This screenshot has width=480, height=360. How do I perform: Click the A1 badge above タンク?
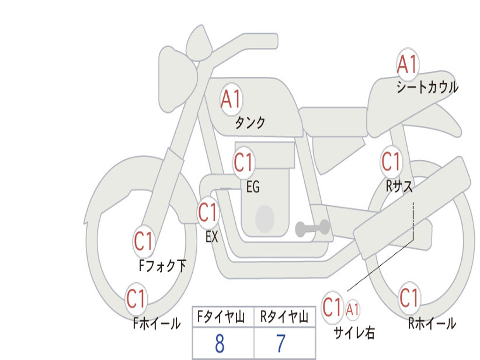coord(232,99)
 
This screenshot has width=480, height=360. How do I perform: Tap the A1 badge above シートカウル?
coord(407,64)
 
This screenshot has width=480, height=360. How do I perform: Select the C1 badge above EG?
coord(244,162)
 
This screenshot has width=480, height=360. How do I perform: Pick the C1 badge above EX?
coord(208,213)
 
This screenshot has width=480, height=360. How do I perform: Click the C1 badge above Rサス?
coord(391,161)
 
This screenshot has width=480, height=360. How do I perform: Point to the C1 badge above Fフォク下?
coord(143,241)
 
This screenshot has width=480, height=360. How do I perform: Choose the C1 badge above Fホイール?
coord(136,299)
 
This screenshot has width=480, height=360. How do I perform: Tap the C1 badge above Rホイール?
coord(409,298)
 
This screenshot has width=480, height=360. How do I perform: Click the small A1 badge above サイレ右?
coord(352,310)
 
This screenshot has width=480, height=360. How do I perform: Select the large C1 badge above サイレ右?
coord(332,307)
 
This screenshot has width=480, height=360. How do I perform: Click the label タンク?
coord(250,122)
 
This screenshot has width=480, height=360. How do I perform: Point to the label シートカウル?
coord(427,87)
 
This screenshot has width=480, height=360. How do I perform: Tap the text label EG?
coord(253,187)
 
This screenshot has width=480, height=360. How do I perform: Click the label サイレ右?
coord(354,332)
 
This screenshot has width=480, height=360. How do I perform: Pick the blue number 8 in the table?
coord(220,344)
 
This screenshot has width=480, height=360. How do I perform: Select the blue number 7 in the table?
coord(281,344)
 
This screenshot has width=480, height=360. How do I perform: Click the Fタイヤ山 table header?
coord(221,316)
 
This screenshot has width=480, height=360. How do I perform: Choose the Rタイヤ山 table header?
coord(284,316)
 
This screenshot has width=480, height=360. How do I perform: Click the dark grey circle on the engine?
coord(265,219)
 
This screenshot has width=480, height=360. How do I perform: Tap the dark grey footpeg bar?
coord(312,228)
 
